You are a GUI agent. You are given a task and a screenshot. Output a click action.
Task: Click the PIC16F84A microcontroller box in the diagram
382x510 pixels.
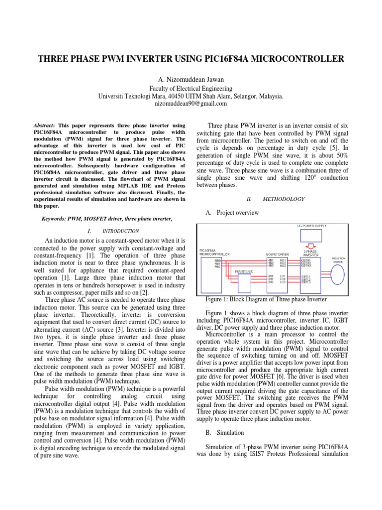click(213, 271)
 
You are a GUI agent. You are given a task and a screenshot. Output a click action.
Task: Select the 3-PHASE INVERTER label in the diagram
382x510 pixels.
click(311, 254)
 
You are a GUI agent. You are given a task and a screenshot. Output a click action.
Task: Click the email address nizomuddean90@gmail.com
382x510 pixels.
click(191, 104)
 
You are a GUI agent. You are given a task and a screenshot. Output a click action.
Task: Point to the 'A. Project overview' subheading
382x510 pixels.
click(232, 213)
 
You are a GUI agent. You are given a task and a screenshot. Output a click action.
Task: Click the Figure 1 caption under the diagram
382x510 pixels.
click(266, 299)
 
